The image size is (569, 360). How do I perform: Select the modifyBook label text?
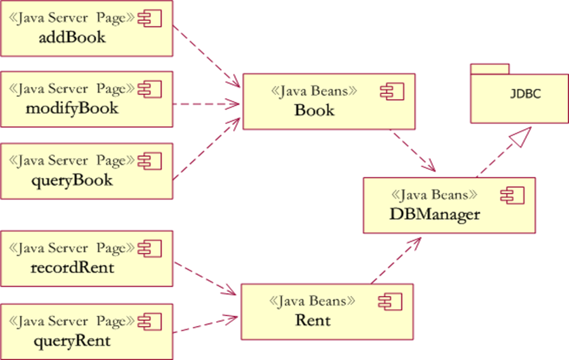[72, 107]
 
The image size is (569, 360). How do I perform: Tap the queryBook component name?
[72, 180]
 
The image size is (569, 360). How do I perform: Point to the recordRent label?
[72, 268]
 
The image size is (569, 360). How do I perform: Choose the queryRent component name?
[72, 340]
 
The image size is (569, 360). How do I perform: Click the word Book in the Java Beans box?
[314, 110]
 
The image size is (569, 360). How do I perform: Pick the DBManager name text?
[434, 214]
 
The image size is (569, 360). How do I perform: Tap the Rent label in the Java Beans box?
[313, 320]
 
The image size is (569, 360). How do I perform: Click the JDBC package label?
[525, 94]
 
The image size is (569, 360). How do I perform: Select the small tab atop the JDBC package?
[489, 69]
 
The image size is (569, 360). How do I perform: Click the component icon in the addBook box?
[149, 19]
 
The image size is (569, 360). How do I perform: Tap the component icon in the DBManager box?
[512, 195]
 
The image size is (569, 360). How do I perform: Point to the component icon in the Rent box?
[390, 301]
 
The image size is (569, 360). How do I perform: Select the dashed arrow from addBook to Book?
[206, 55]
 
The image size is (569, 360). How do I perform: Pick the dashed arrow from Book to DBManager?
[412, 151]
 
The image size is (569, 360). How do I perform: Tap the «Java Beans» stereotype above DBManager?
[434, 195]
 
